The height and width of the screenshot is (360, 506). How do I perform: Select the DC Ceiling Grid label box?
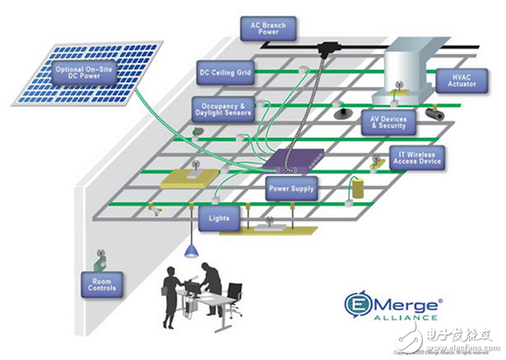225,73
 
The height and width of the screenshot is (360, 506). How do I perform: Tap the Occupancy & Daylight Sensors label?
223,108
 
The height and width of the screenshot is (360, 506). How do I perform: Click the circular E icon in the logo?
358,304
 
